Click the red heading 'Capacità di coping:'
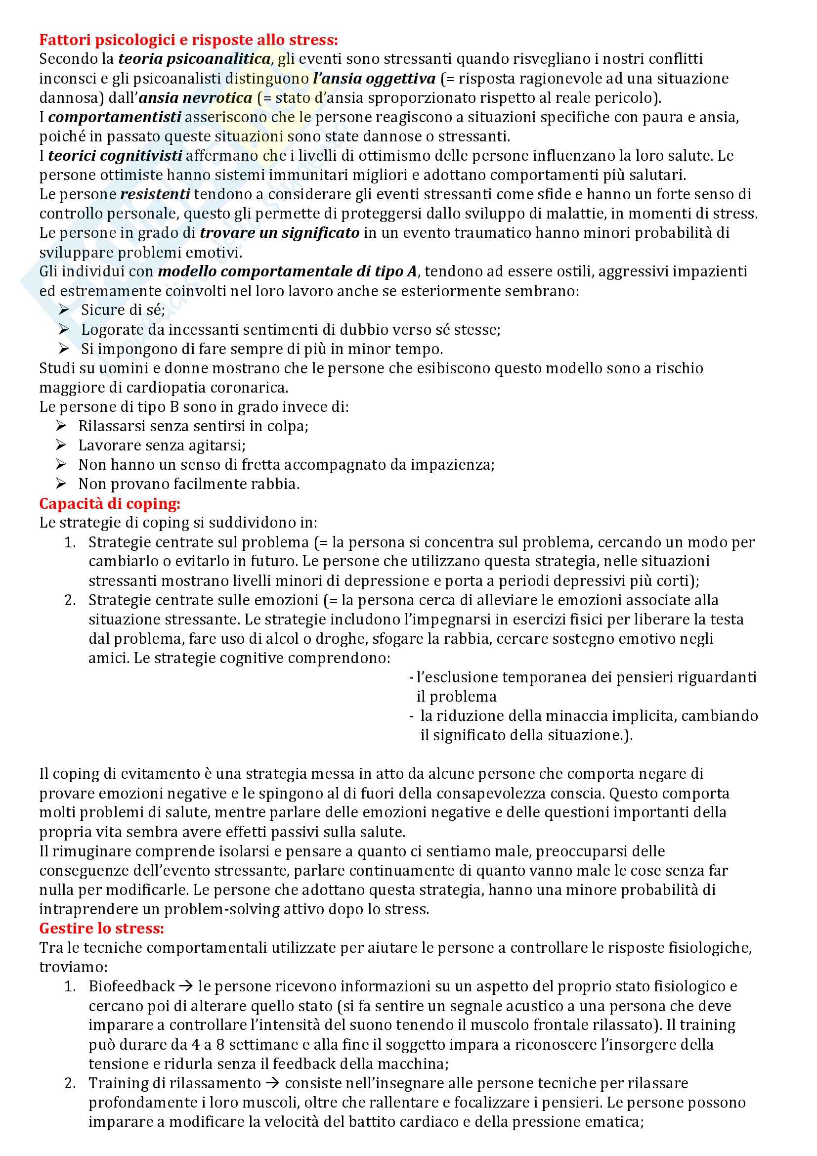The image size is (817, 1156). coord(110,503)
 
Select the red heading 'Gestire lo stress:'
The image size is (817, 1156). coord(102,928)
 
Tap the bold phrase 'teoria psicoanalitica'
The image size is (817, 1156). coord(195,59)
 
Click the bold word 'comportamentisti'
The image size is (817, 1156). coord(115,117)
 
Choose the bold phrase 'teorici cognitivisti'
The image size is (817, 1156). coord(115,156)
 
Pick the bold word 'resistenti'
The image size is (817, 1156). coord(155,194)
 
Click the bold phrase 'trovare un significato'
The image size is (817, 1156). coord(279,233)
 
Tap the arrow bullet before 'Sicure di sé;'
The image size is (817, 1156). coord(64,310)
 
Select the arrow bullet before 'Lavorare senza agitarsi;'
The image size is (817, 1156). coord(61,445)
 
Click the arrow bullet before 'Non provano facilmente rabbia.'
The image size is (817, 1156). coord(61,484)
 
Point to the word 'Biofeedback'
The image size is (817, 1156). coord(132,986)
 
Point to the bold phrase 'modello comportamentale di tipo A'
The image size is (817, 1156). coord(288,272)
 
